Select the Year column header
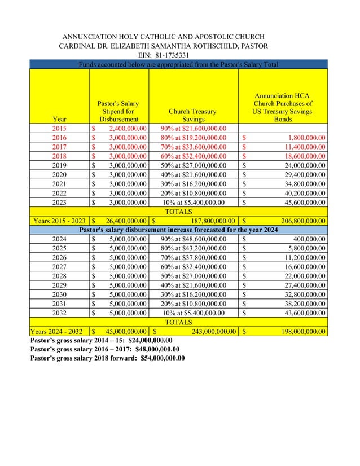point(59,120)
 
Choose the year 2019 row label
point(59,166)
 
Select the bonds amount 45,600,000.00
point(300,202)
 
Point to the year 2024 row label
point(59,239)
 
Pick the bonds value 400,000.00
point(305,239)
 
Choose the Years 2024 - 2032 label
point(59,331)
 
